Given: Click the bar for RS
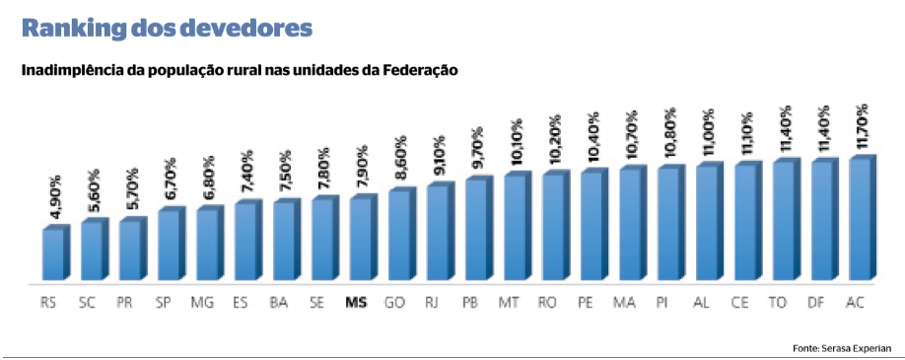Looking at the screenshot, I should point(53,253).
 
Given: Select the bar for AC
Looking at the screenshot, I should point(860,219).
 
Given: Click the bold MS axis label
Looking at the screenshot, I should point(356,302).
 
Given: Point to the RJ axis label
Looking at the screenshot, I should point(432,302).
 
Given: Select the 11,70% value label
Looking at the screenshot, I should point(863,127).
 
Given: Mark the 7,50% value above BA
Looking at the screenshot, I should point(287,178).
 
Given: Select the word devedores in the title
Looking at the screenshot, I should point(245,30).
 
